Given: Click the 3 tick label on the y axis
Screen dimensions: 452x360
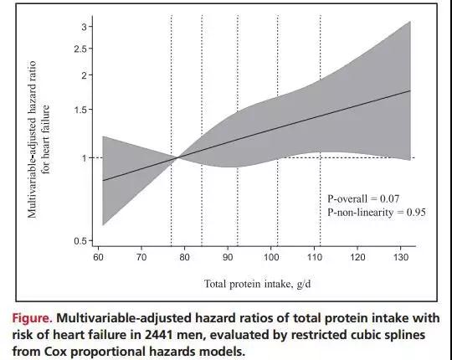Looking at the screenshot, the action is pyautogui.click(x=85, y=27).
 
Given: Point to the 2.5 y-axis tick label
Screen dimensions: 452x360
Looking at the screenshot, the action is pyautogui.click(x=80, y=49).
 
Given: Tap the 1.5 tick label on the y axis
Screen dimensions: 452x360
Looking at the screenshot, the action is pyautogui.click(x=80, y=110).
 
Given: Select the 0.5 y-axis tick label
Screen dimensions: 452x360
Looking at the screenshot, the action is pyautogui.click(x=80, y=241).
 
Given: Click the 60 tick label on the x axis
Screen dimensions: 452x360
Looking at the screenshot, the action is pyautogui.click(x=98, y=257).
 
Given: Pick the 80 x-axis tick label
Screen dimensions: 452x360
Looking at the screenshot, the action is pyautogui.click(x=184, y=257).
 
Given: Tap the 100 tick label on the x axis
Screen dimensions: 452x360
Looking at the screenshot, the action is pyautogui.click(x=271, y=257).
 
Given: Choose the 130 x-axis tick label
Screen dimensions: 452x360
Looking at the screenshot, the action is pyautogui.click(x=401, y=257).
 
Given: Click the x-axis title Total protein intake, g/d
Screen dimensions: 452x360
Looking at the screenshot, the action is pyautogui.click(x=258, y=284).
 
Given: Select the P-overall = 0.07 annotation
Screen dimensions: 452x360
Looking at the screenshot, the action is pyautogui.click(x=363, y=199).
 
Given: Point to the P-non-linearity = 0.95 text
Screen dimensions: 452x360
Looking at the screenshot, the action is pyautogui.click(x=376, y=213).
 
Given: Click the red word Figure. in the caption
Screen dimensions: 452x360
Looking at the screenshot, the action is pyautogui.click(x=33, y=319).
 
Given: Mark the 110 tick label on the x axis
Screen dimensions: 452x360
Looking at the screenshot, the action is pyautogui.click(x=315, y=257).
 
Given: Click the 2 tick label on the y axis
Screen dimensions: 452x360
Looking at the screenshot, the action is pyautogui.click(x=84, y=75).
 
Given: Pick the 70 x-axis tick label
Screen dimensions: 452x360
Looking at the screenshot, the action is pyautogui.click(x=141, y=257).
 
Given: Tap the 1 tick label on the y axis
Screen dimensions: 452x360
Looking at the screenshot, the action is pyautogui.click(x=85, y=158).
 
